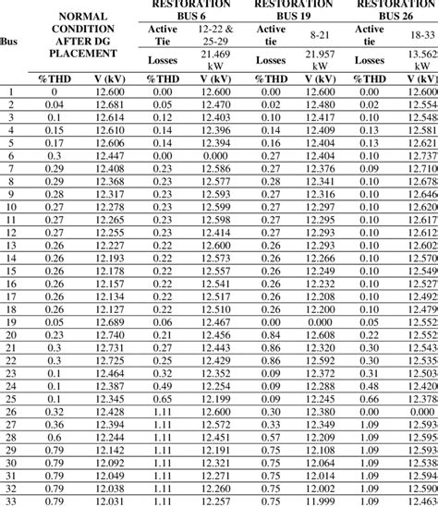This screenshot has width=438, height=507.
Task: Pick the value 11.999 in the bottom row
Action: (x=320, y=501)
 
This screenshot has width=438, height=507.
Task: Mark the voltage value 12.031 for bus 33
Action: (x=110, y=501)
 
